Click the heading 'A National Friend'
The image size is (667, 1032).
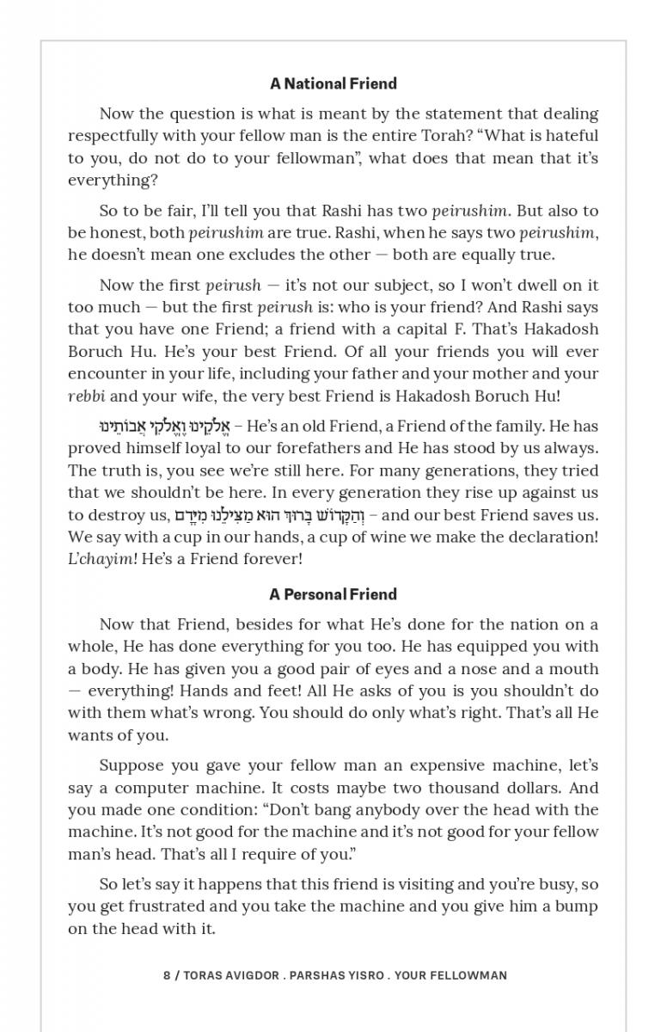tap(333, 83)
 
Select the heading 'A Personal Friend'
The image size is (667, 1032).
tap(333, 594)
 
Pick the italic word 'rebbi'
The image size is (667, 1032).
tap(87, 396)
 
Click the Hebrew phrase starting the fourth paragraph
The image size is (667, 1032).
tap(162, 427)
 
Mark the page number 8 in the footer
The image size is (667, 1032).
tap(167, 975)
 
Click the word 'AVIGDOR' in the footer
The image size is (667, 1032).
tap(251, 975)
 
